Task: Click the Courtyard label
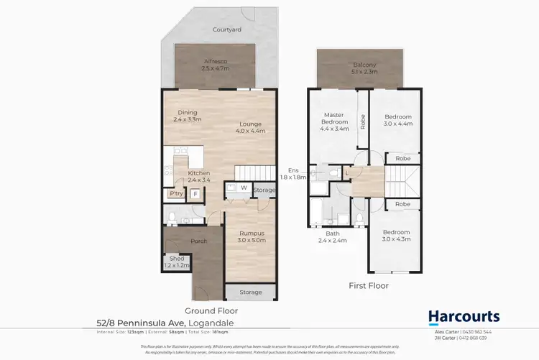226,29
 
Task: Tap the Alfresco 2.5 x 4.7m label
216,65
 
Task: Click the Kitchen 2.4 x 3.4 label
198,177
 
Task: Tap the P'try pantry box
175,193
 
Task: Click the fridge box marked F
194,193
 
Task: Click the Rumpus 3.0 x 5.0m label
252,236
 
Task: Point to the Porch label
198,241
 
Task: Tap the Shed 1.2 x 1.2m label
176,262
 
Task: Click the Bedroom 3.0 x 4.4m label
397,121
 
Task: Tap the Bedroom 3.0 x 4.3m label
397,236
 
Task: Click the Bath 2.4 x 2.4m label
333,237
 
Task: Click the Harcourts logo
464,317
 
